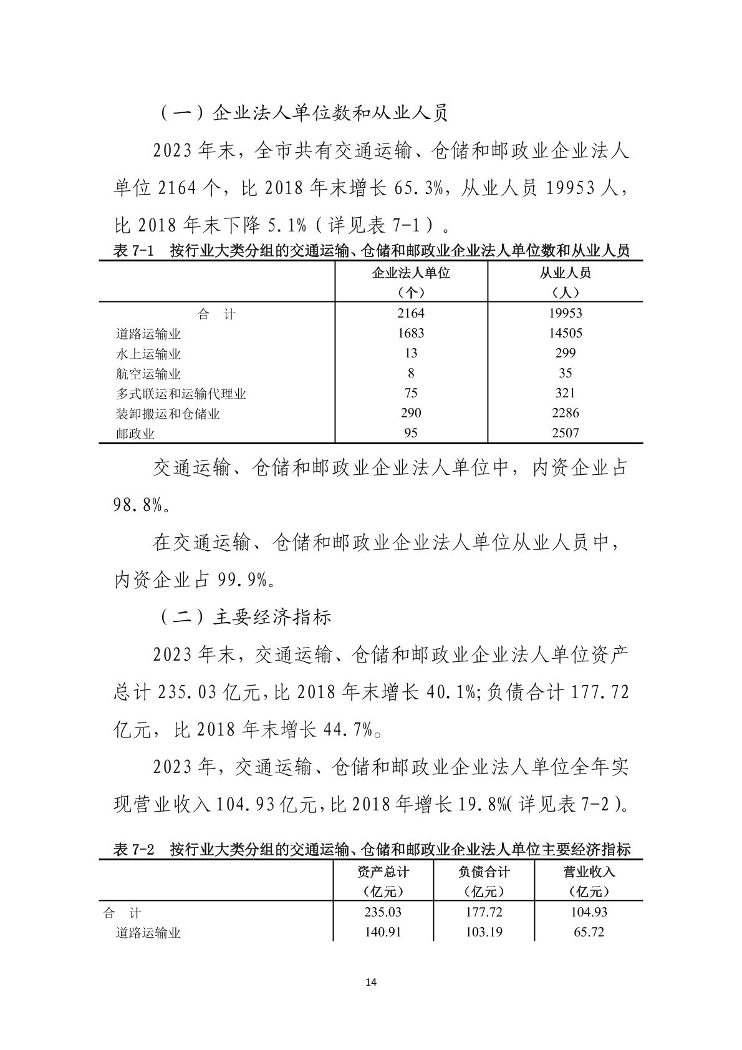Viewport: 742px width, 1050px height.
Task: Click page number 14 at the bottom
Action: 371,983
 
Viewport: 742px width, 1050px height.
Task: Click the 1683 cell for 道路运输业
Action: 410,333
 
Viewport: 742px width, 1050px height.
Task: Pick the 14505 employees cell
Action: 565,333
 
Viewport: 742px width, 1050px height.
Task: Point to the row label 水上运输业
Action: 148,354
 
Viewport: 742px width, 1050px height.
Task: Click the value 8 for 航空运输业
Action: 410,373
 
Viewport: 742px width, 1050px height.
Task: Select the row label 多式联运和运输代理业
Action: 181,394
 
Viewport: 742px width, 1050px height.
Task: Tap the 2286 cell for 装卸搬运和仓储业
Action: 565,413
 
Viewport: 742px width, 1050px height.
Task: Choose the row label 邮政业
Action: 135,434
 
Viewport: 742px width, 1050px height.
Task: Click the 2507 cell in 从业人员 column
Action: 565,433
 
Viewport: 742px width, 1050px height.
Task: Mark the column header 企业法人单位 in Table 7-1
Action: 411,273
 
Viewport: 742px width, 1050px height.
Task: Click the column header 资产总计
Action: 383,872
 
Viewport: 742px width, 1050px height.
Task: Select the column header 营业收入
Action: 589,872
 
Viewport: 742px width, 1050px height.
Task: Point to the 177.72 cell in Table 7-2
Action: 484,912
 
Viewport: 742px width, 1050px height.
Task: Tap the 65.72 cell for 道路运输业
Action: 589,932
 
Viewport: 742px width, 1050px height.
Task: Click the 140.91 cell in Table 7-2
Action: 383,932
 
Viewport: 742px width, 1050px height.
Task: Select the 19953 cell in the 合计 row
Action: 565,313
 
